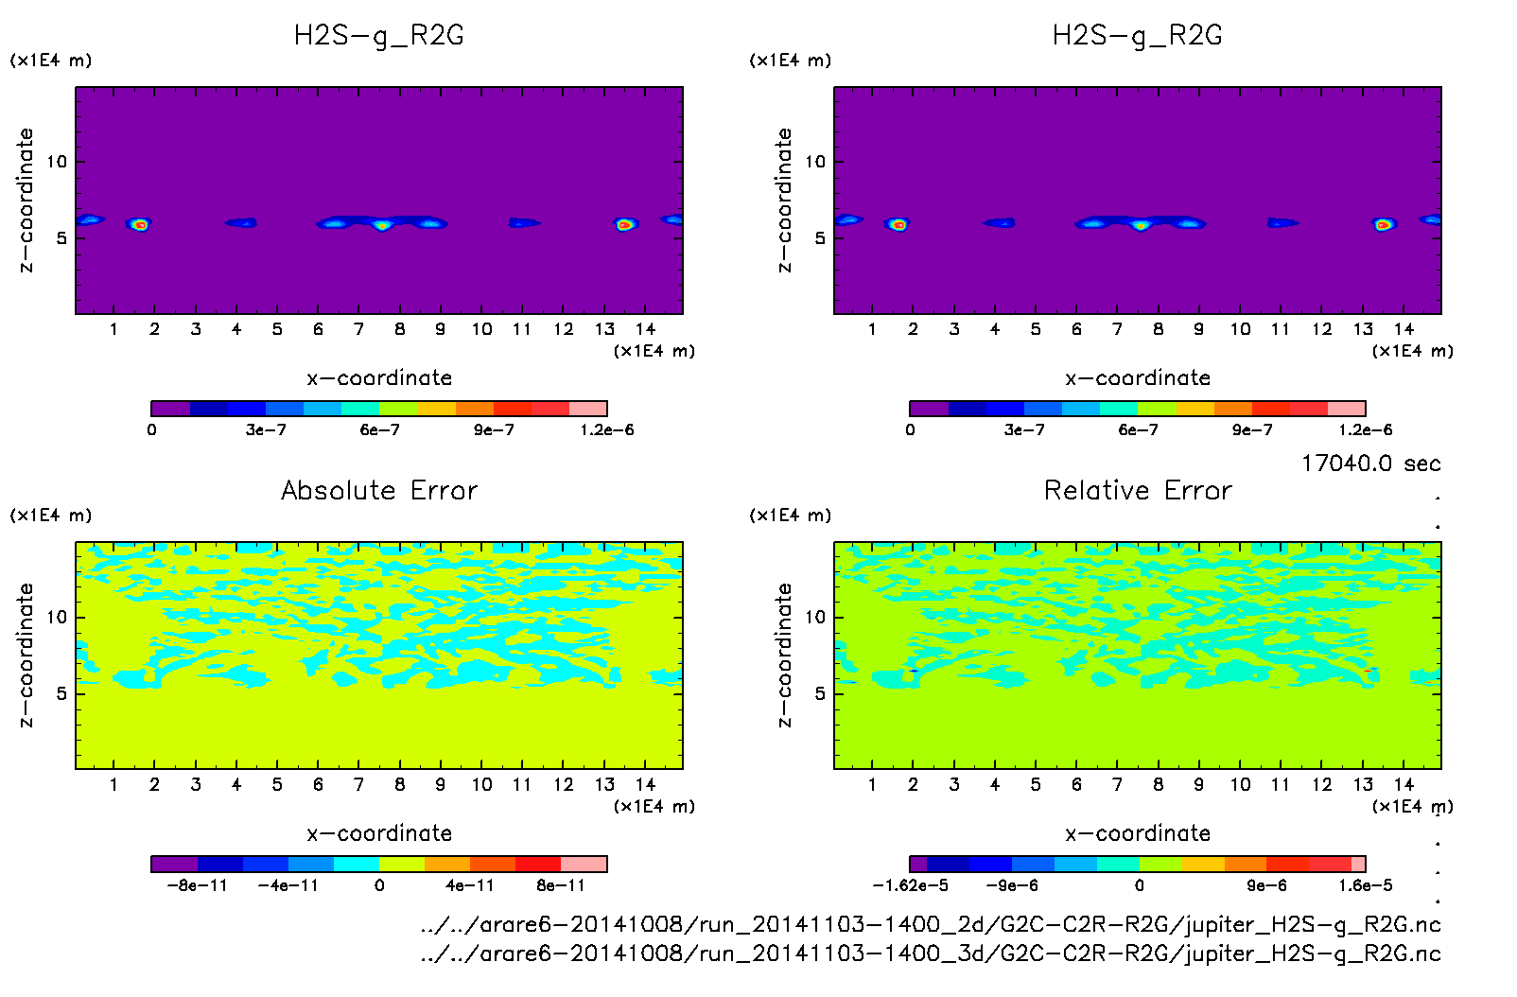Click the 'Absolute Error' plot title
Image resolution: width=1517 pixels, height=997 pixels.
click(379, 490)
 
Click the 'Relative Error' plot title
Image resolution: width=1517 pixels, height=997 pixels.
click(1138, 490)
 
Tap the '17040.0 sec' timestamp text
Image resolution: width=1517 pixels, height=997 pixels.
click(1370, 464)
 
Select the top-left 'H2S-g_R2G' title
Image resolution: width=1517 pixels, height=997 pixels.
click(379, 36)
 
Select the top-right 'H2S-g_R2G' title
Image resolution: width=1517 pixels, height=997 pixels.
click(1138, 36)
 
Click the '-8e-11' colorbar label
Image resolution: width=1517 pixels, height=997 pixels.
click(197, 885)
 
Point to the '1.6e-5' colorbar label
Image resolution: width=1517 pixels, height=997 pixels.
click(1366, 885)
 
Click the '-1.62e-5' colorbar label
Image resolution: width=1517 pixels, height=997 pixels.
click(910, 885)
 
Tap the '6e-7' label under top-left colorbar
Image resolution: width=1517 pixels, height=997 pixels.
click(379, 430)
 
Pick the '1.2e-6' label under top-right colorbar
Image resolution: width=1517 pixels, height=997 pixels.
click(1366, 430)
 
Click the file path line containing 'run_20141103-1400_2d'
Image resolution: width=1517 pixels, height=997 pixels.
click(931, 924)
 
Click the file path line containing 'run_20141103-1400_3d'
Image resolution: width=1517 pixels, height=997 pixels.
click(931, 953)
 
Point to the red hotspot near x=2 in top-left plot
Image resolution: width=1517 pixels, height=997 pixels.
click(140, 225)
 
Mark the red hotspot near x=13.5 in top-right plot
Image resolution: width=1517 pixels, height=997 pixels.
click(1383, 225)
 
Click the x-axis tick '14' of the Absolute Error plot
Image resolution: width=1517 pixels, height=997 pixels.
click(645, 784)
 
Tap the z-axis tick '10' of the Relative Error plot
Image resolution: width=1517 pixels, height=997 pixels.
click(815, 618)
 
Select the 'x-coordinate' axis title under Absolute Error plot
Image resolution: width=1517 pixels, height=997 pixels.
click(379, 833)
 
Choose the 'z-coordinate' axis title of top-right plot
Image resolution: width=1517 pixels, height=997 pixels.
click(784, 201)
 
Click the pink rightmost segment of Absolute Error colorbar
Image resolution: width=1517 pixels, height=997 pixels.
click(584, 864)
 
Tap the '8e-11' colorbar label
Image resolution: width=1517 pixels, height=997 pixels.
click(561, 885)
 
